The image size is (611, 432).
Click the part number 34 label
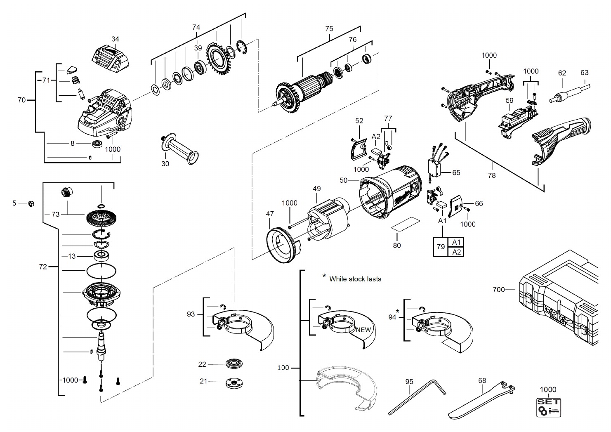(x=115, y=39)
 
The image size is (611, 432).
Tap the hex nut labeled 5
(x=31, y=203)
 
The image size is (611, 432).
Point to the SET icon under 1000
(x=549, y=408)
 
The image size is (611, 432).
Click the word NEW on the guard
(x=363, y=330)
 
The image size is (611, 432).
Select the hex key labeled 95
(x=417, y=397)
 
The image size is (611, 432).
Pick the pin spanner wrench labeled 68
(x=482, y=400)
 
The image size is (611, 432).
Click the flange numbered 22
(x=234, y=364)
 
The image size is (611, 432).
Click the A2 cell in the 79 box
(x=456, y=252)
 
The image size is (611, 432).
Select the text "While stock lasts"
(x=355, y=279)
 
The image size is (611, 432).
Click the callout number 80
(x=397, y=246)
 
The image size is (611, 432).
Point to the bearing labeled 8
(x=97, y=144)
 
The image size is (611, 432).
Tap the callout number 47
(x=270, y=214)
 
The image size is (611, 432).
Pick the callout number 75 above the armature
(x=329, y=28)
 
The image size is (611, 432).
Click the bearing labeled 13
(x=101, y=256)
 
